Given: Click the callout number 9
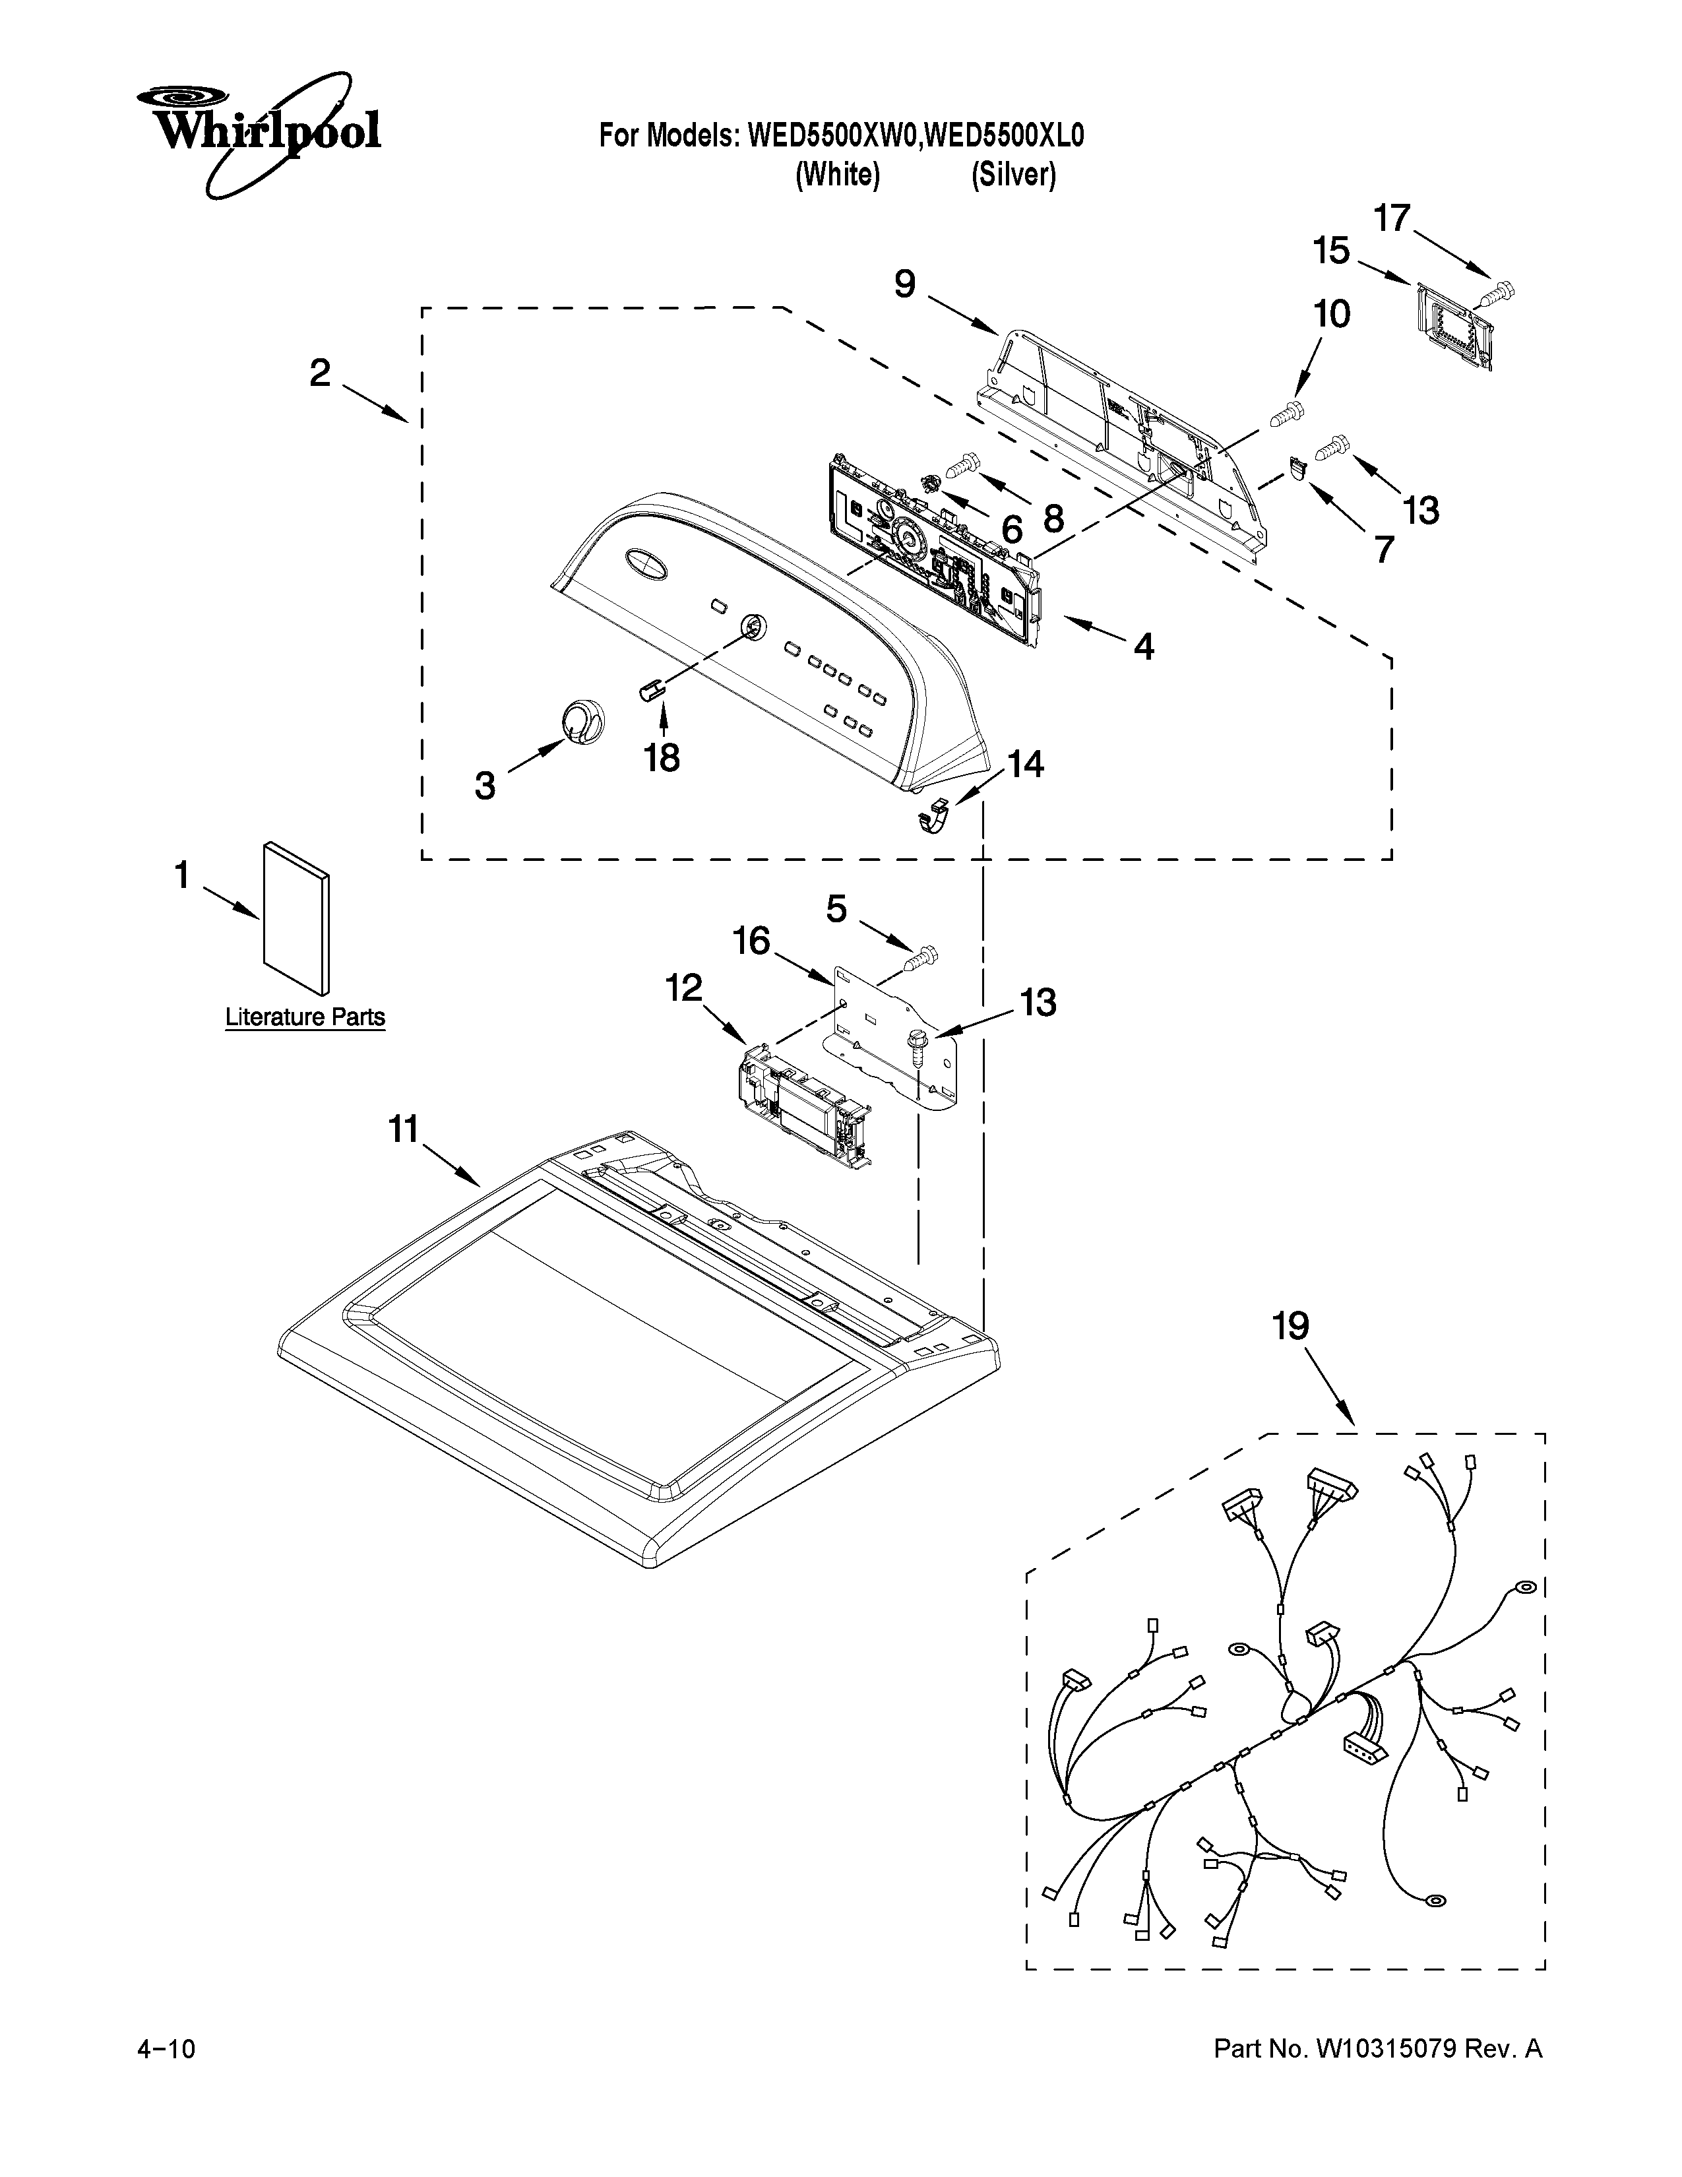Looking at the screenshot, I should tap(904, 284).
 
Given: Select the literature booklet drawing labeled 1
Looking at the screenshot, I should tap(296, 917).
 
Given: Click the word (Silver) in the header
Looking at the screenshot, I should tap(1013, 175).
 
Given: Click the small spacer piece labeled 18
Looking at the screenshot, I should tap(650, 690).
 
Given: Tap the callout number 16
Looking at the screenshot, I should tap(753, 940).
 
